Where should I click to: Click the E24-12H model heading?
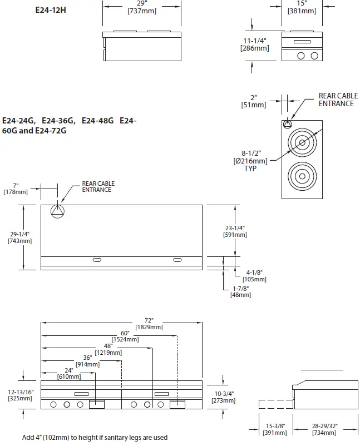(50, 9)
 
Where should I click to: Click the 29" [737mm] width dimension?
(141, 7)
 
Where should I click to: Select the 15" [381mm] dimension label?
(301, 7)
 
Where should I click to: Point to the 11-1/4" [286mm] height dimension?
(254, 44)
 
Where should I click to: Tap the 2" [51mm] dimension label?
(254, 101)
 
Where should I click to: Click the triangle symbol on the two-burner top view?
(287, 124)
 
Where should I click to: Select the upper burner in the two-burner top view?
(302, 143)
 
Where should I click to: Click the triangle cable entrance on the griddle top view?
(58, 211)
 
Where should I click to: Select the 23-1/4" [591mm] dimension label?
(235, 231)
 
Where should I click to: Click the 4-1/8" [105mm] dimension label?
(254, 275)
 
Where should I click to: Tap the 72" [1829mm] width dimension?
(148, 324)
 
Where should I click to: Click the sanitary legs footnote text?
(95, 438)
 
